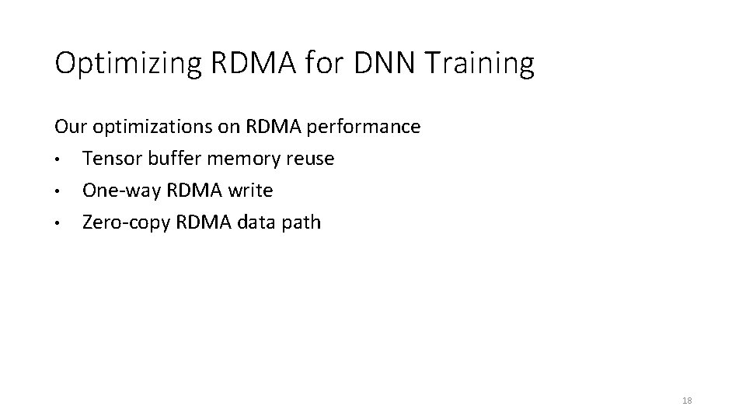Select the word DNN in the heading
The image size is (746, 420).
(385, 63)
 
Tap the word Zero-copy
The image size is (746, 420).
(126, 223)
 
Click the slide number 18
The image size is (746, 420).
(686, 401)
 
